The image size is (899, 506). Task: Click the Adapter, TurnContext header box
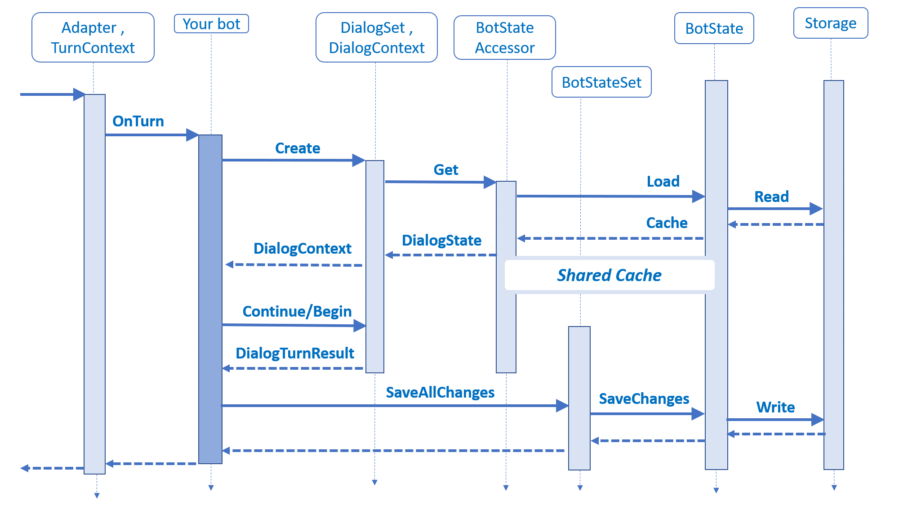[x=93, y=37]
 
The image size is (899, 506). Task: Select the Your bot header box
[x=211, y=24]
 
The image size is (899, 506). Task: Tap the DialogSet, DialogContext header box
[x=376, y=37]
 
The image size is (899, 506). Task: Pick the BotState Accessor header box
[x=504, y=37]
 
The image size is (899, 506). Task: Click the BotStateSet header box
[x=601, y=82]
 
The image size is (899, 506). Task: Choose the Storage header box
[x=830, y=23]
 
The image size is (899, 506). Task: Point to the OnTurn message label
[x=138, y=121]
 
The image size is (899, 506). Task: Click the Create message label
[x=297, y=148]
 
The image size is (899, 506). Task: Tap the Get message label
[x=445, y=170]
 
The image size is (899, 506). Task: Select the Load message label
[x=663, y=182]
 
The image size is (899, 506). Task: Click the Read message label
[x=771, y=197]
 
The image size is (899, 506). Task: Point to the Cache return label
[x=667, y=223]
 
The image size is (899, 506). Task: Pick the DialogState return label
[x=441, y=241]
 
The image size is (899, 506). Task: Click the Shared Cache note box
[x=609, y=275]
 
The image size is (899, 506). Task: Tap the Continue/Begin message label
[x=297, y=312]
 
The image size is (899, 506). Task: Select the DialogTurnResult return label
[x=295, y=354]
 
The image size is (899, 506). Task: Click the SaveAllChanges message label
[x=440, y=393]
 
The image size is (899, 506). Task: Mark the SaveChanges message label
[x=644, y=399]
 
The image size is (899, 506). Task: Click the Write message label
[x=775, y=407]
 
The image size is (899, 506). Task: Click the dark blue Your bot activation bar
[x=210, y=299]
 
